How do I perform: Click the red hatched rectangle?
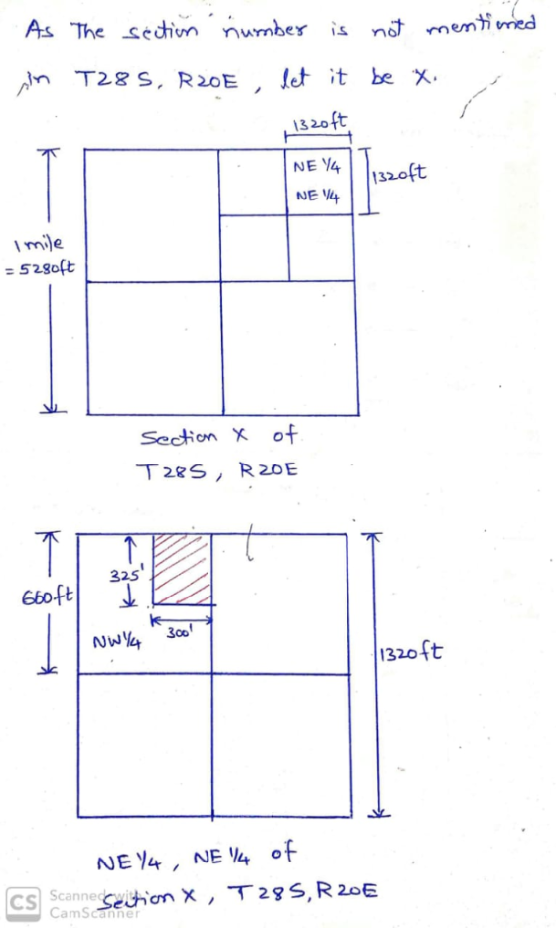[183, 570]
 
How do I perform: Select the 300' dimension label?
[178, 633]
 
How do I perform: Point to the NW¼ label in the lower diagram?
[116, 641]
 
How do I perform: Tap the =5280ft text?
[39, 268]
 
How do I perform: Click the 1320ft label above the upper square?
[320, 124]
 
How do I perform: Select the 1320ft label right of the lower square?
[409, 653]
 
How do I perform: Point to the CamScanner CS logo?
[24, 903]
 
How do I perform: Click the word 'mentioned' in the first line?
[481, 26]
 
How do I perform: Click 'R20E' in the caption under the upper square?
[268, 470]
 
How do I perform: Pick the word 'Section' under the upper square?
[179, 438]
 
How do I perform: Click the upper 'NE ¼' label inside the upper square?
[317, 167]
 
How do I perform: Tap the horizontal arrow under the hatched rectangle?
[181, 620]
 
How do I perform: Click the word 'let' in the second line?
[296, 79]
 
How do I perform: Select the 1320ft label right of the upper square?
[399, 174]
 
